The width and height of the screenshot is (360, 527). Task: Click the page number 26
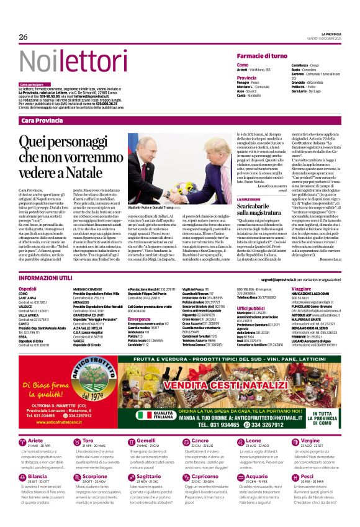point(24,36)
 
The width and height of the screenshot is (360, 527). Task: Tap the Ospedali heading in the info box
point(28,289)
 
